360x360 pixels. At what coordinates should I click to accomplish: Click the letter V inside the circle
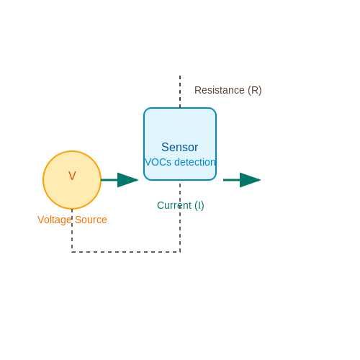(x=72, y=176)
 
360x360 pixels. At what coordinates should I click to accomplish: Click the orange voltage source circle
(x=72, y=180)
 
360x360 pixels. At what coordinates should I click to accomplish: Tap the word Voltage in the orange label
(x=55, y=220)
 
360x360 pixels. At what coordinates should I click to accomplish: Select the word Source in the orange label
(x=91, y=220)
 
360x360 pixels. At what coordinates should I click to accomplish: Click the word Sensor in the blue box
(x=180, y=147)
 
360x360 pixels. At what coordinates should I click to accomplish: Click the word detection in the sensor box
(x=195, y=162)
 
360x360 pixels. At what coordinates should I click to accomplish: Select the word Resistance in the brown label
(x=220, y=90)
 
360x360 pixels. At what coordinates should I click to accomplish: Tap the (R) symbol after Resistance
(x=255, y=91)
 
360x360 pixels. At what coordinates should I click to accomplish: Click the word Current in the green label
(x=174, y=205)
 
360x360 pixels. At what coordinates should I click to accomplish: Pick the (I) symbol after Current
(x=199, y=206)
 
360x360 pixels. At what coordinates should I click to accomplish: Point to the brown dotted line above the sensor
(x=180, y=91)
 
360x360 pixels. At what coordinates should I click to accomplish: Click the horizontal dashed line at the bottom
(x=126, y=252)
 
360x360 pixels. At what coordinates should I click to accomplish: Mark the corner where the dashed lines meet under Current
(x=180, y=252)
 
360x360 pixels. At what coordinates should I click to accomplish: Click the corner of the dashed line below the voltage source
(x=72, y=252)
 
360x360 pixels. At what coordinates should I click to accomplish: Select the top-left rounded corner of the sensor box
(x=146, y=110)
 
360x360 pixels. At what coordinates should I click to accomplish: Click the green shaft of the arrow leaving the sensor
(x=232, y=180)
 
